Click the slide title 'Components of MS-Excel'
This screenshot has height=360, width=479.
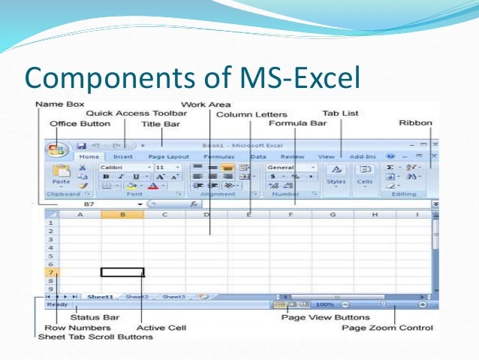pos(192,77)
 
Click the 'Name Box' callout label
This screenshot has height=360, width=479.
pos(60,103)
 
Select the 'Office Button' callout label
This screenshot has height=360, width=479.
pos(80,124)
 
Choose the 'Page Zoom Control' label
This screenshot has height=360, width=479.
pos(387,328)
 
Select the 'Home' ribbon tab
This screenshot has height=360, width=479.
pos(89,156)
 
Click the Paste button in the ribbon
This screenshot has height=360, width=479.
pos(61,177)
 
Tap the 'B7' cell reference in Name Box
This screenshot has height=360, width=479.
pos(89,204)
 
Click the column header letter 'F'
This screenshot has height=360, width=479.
pos(291,215)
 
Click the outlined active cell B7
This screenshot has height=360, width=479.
pos(122,272)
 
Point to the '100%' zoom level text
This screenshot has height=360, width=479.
pos(324,305)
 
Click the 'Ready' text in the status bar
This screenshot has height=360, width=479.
pos(56,305)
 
